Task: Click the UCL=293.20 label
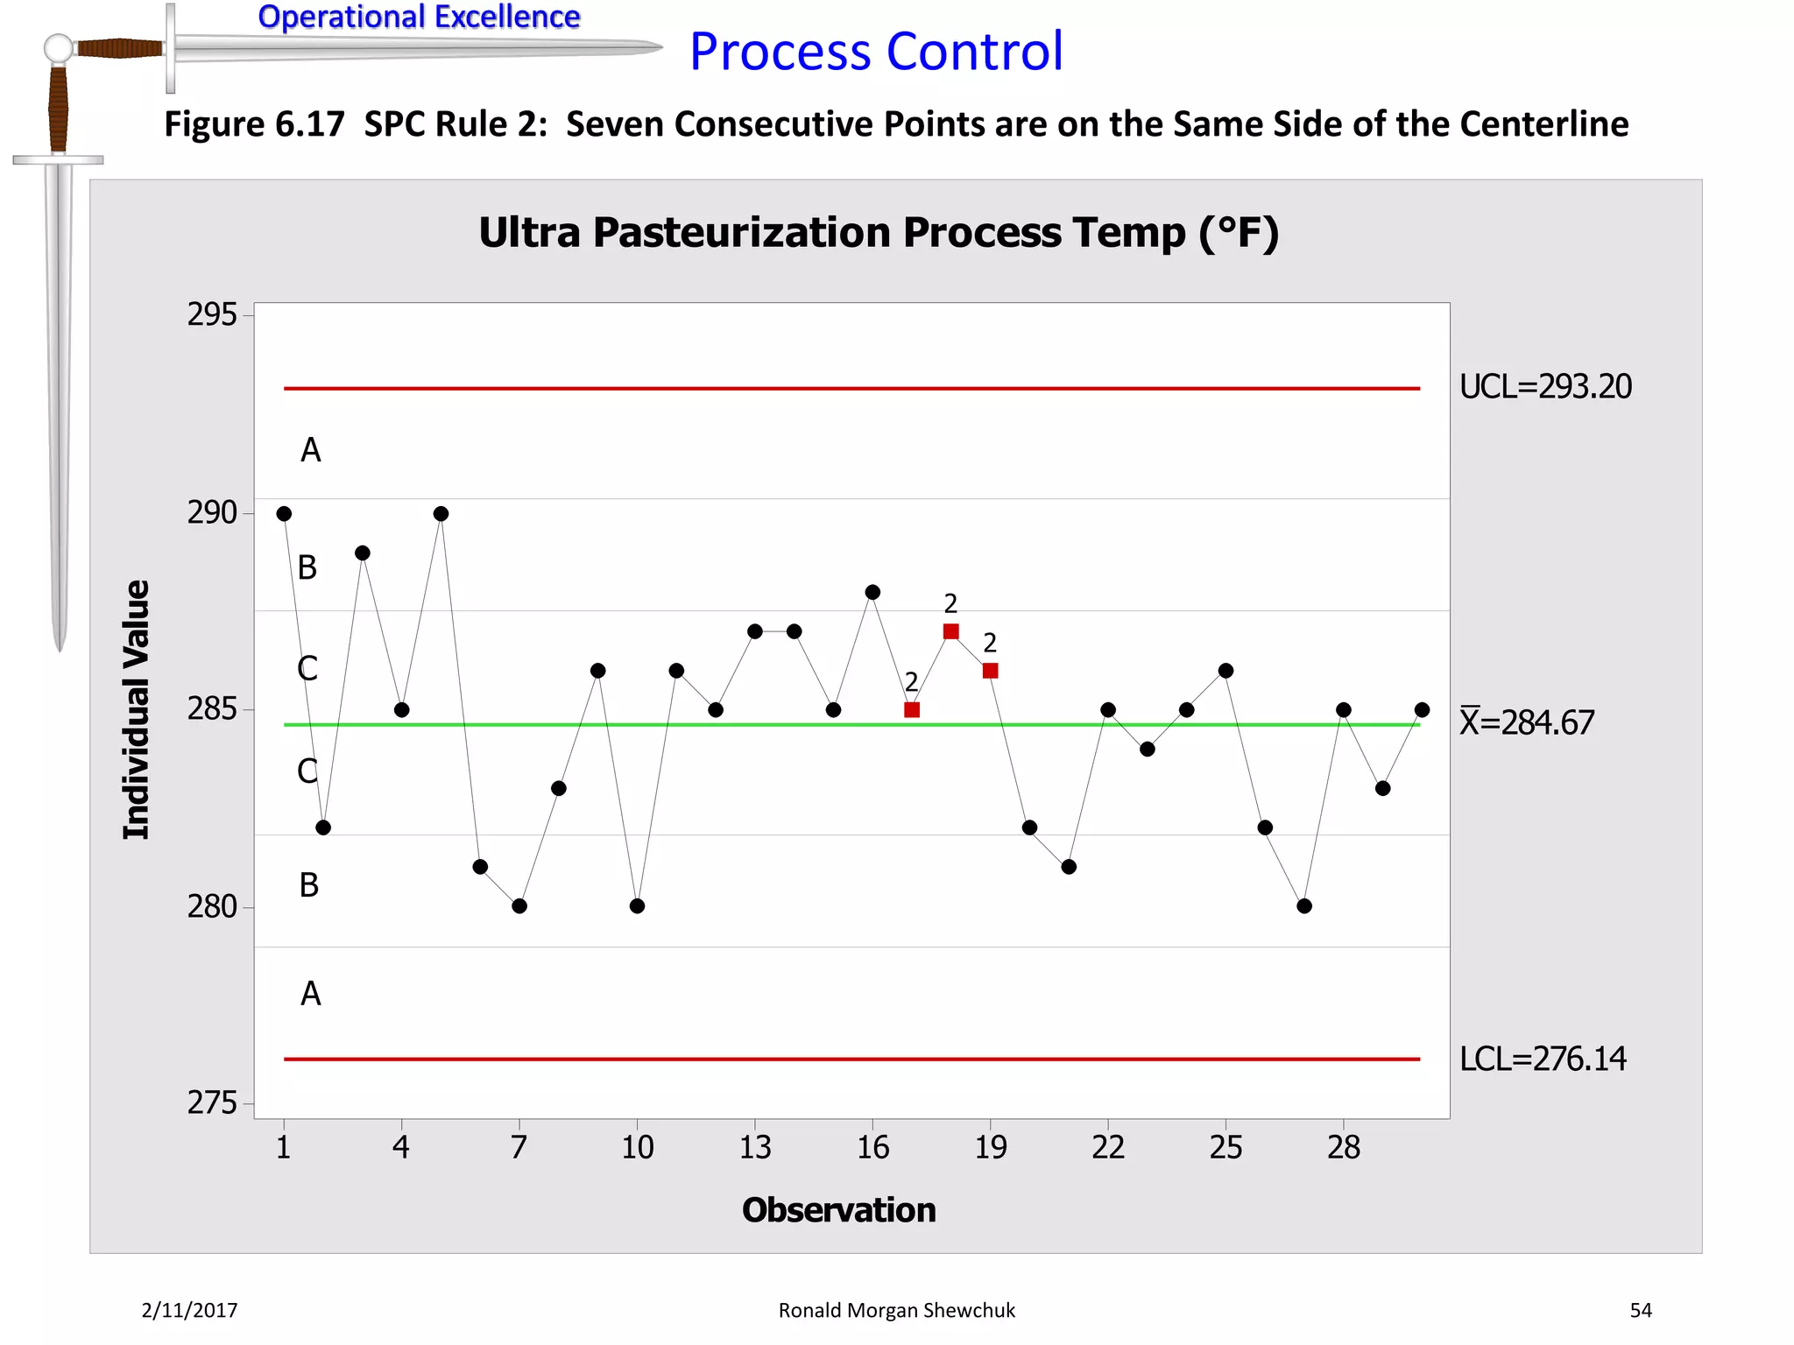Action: [1545, 386]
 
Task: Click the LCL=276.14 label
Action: [1543, 1059]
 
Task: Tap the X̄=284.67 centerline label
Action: [1526, 722]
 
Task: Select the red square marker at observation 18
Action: [951, 631]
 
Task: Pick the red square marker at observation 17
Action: [912, 710]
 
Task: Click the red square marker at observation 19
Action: [991, 671]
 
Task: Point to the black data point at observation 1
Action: [284, 514]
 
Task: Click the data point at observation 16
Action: [872, 593]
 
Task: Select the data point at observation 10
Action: [637, 906]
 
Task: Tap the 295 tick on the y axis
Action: [212, 314]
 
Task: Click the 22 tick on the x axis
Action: [1108, 1147]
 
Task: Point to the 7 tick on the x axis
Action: [519, 1147]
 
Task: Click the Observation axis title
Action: [838, 1210]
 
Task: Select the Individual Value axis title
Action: [137, 709]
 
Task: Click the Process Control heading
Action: [876, 51]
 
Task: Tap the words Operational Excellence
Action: [419, 17]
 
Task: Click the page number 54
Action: [1641, 1310]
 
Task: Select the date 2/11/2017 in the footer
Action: [189, 1310]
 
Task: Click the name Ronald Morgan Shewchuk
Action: [896, 1310]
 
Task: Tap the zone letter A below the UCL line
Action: [311, 450]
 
